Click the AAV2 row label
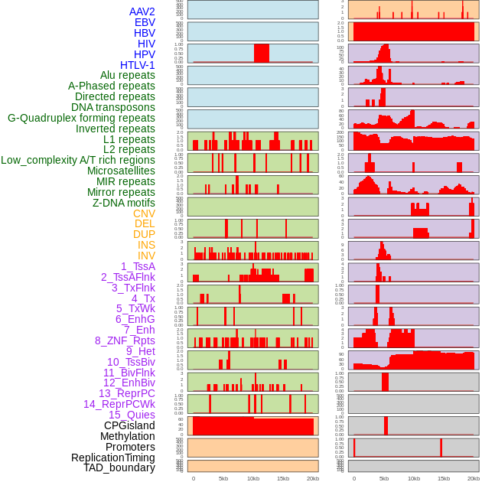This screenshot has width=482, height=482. [x=142, y=11]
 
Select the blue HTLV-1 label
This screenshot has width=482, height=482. [x=137, y=65]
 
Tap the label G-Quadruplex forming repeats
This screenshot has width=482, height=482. [x=81, y=118]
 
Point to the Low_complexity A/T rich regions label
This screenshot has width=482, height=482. [x=78, y=160]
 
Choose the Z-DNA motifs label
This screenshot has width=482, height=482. [x=124, y=203]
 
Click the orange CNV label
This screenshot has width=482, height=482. [x=144, y=213]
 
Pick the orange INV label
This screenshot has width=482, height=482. [x=146, y=256]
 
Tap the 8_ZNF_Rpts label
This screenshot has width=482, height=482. [x=125, y=340]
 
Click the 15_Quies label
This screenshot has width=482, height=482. [x=132, y=415]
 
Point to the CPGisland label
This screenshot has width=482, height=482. [x=129, y=425]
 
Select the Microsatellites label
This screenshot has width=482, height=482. [x=121, y=171]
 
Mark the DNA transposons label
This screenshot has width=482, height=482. [x=113, y=107]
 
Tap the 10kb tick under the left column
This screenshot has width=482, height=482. [x=253, y=479]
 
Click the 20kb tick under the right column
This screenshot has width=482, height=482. [x=474, y=479]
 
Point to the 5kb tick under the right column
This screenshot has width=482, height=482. [x=384, y=479]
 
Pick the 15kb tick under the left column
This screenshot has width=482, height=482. [x=283, y=479]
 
